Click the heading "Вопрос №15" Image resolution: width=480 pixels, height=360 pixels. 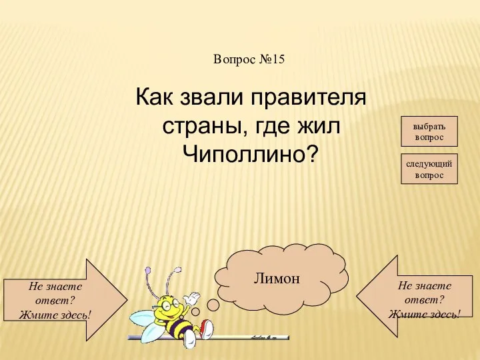tap(249, 59)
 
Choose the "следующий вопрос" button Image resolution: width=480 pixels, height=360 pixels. tap(429, 169)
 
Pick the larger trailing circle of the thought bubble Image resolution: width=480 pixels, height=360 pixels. tap(213, 305)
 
